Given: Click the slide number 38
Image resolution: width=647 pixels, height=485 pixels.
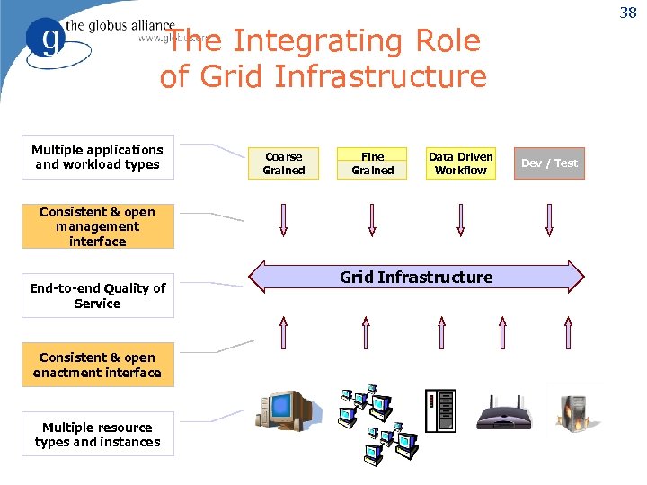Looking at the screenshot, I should click(x=627, y=13).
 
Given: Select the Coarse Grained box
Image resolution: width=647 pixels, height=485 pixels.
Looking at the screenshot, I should click(x=283, y=163).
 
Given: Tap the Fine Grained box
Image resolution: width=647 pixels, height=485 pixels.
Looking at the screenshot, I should click(x=372, y=163).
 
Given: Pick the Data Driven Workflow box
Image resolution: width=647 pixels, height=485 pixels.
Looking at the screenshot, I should click(x=460, y=163).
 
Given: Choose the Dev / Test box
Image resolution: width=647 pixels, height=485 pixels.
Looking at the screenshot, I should click(x=549, y=163).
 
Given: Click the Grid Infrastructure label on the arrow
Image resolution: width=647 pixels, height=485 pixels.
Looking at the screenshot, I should click(x=415, y=278).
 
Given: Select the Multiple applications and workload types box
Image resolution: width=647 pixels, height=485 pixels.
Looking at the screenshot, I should click(x=97, y=157).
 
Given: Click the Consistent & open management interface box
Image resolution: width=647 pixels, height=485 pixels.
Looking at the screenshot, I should click(x=97, y=226).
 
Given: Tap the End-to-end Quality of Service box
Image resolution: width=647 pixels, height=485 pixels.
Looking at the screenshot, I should click(x=97, y=296).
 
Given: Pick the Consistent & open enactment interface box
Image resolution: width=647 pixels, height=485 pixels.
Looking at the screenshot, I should click(x=97, y=366).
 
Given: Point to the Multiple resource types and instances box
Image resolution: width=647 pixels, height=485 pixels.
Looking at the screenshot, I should click(x=97, y=435).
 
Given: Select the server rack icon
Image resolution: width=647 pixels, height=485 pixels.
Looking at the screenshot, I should click(x=440, y=411).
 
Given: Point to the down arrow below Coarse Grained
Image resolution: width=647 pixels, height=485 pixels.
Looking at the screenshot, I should click(x=284, y=220).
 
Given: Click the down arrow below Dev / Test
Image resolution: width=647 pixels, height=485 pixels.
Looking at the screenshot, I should click(x=549, y=220).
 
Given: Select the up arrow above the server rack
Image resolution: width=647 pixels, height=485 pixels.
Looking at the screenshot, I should click(x=440, y=332).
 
